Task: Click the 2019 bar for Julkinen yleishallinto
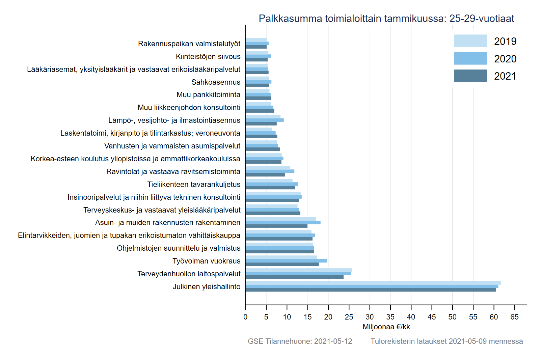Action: (x=373, y=283)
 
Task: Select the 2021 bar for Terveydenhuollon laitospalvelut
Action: (x=294, y=277)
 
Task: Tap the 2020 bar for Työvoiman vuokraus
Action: (x=286, y=261)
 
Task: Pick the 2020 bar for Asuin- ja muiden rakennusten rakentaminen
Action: (x=283, y=222)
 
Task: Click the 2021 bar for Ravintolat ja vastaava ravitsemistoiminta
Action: (x=265, y=175)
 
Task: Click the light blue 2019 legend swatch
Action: (x=470, y=41)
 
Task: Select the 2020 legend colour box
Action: (x=470, y=58)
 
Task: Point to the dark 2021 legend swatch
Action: (x=470, y=76)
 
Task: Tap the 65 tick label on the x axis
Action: (x=514, y=317)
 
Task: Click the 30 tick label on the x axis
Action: (x=370, y=317)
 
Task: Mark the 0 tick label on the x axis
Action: (x=245, y=317)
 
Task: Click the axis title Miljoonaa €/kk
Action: (x=386, y=327)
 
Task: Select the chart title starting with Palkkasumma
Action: (x=386, y=18)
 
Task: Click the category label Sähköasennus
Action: (x=216, y=82)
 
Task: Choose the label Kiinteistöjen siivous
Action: (x=208, y=56)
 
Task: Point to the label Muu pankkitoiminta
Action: (x=208, y=94)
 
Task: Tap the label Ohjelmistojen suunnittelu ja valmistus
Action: (x=179, y=248)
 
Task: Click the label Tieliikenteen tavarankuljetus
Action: (x=194, y=184)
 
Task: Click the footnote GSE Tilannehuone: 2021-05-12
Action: (x=300, y=341)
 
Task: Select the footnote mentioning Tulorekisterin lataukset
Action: (x=447, y=341)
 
